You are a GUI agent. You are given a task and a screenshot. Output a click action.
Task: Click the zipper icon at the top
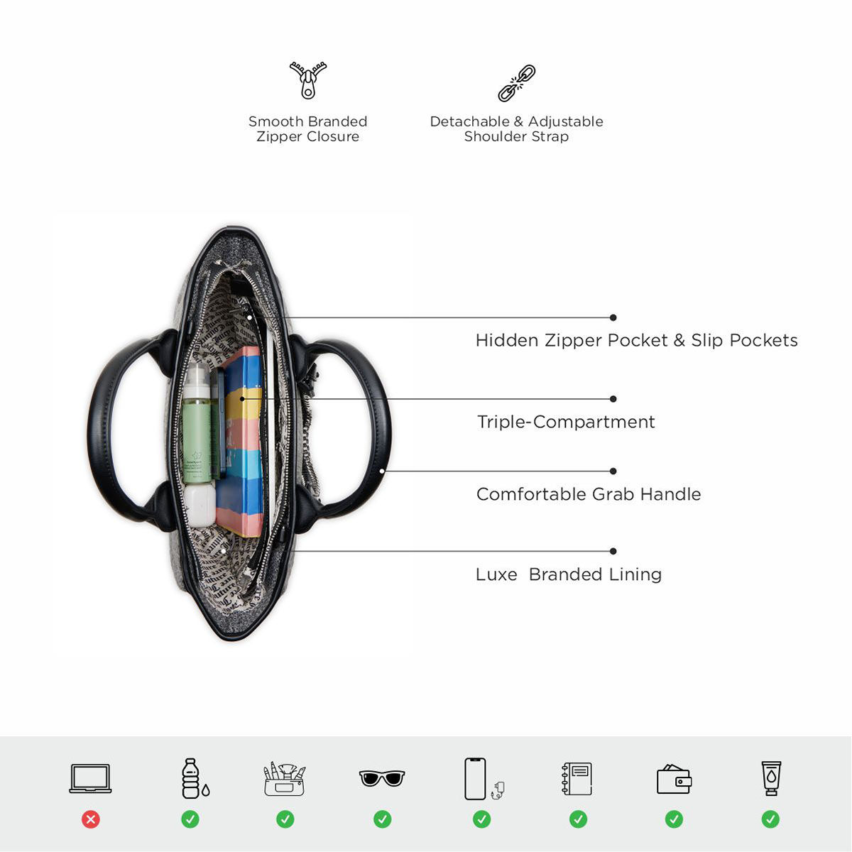[308, 80]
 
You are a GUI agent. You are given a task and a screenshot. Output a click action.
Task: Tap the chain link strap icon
[516, 83]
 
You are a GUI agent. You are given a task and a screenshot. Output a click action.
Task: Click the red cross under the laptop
[90, 819]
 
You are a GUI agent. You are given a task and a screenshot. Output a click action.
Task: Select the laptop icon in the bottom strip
[90, 778]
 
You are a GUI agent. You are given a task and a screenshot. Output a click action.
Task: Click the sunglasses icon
[382, 778]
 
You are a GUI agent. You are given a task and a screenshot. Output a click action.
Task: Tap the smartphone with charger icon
[481, 779]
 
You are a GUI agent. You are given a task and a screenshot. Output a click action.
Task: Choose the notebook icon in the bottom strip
[577, 779]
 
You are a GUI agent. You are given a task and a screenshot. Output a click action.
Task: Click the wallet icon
[674, 780]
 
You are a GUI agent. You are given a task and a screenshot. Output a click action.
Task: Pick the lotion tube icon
[771, 778]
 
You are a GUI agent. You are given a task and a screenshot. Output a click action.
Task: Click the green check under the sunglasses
[382, 819]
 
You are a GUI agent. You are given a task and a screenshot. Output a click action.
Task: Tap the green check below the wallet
[674, 819]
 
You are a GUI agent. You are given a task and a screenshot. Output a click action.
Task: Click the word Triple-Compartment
[566, 422]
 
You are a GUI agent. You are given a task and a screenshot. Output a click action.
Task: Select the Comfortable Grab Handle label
[589, 494]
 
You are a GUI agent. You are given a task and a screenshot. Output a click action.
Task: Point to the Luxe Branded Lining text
[569, 574]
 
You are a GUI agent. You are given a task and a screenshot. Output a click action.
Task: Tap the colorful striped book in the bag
[241, 440]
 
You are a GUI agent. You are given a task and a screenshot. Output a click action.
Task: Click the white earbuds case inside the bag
[200, 504]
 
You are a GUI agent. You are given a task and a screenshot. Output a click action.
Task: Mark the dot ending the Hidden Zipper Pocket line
[613, 317]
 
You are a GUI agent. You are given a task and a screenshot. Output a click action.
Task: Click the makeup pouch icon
[285, 779]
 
